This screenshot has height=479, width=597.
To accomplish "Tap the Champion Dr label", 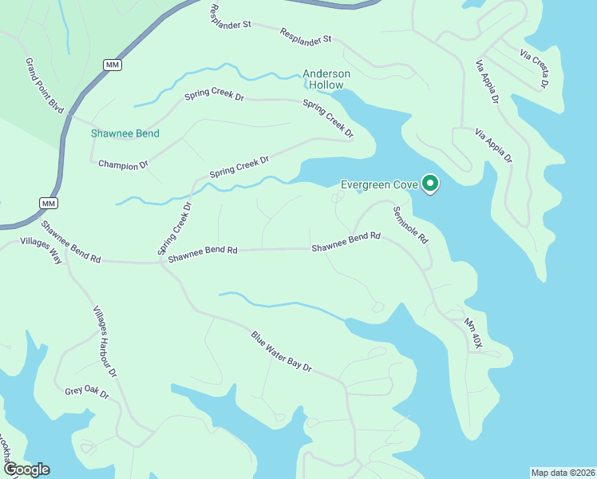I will click(123, 164).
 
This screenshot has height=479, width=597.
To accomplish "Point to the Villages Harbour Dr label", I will click(105, 341).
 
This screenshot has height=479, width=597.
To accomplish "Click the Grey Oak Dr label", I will click(86, 394).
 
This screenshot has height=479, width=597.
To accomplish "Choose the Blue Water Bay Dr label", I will click(280, 352).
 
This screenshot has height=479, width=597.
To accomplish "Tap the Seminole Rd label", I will click(410, 225).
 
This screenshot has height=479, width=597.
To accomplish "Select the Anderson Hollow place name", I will click(326, 80).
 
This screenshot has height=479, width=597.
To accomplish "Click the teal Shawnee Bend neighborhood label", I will click(125, 133).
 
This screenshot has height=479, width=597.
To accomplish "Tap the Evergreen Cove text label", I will click(379, 184).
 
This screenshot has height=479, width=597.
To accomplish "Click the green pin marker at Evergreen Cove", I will click(430, 184).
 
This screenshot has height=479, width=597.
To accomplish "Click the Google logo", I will click(26, 469).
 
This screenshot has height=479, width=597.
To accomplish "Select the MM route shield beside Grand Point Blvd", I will click(112, 64).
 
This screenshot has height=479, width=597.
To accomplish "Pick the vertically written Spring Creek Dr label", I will click(175, 228).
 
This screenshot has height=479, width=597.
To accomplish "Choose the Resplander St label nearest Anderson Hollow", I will click(306, 35).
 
